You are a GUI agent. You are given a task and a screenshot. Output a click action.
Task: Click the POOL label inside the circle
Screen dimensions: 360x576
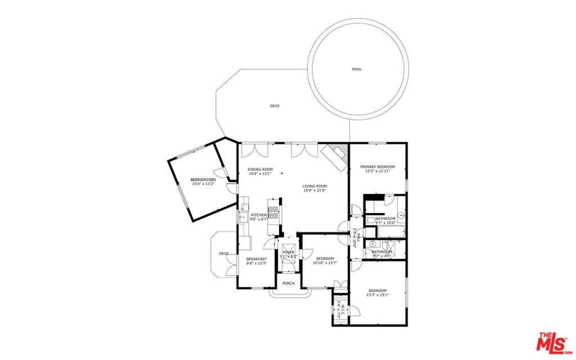point(357,69)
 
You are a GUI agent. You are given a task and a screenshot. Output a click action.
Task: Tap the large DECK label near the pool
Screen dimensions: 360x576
point(274,106)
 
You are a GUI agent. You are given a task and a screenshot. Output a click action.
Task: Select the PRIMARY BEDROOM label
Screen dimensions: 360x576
point(377,166)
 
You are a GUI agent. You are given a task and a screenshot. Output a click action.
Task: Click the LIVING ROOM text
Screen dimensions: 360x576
point(314,186)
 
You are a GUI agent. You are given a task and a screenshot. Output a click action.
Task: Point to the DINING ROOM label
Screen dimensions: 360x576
point(260,169)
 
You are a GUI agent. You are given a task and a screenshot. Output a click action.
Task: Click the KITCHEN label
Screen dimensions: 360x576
point(258,215)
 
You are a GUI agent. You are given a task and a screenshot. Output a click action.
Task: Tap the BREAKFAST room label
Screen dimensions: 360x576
point(256,259)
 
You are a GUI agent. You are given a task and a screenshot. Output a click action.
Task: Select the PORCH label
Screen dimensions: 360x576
point(289,283)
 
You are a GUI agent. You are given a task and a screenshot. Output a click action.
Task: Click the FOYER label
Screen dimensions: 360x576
point(289,252)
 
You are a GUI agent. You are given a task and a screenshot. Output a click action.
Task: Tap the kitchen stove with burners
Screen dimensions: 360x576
point(273,213)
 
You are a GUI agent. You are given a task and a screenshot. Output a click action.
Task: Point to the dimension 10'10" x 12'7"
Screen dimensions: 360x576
point(325,263)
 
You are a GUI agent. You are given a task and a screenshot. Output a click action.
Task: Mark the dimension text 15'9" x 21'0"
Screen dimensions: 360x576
point(314,191)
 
